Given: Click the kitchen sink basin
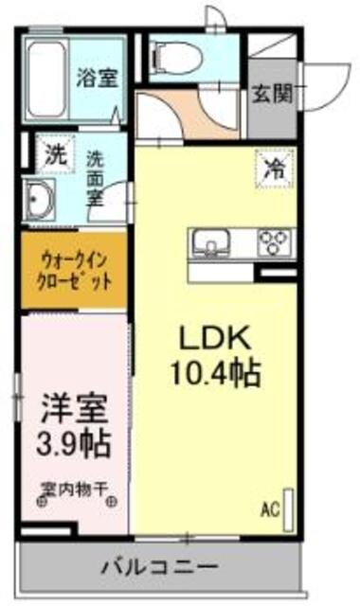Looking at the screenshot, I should (x=209, y=241).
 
